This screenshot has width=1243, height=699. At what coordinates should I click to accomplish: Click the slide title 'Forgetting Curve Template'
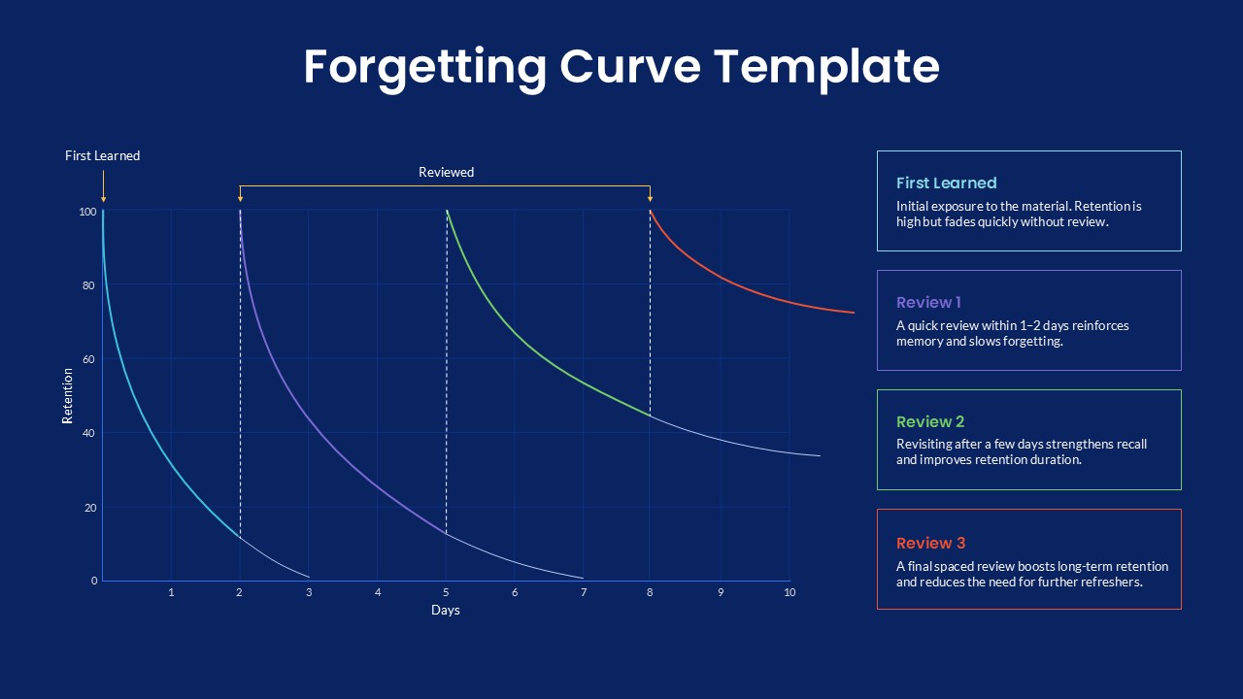coord(621,67)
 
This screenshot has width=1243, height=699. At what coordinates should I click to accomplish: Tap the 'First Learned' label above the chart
coord(102,155)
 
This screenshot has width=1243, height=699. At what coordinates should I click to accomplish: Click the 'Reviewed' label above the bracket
coord(446,172)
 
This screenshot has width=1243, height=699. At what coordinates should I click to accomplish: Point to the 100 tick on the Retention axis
coord(87,212)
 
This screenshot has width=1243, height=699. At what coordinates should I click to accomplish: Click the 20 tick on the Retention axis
coord(90,508)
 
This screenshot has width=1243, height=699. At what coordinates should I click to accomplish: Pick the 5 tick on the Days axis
coord(446,592)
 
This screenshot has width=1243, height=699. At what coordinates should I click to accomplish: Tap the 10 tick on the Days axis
coord(789,592)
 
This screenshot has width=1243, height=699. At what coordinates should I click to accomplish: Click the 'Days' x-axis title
coord(446,611)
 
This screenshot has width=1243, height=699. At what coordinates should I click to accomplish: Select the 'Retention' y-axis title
coord(68,395)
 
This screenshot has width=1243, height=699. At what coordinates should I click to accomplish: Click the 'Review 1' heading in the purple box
coord(928,302)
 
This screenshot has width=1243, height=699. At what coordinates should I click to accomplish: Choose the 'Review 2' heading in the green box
coord(930,421)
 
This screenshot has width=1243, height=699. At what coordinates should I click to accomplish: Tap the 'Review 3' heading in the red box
coord(930,543)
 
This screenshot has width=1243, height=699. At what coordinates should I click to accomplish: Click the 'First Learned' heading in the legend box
coord(946,183)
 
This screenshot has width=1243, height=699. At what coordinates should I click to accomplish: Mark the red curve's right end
coord(853,313)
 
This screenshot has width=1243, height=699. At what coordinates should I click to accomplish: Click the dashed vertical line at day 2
coord(240,388)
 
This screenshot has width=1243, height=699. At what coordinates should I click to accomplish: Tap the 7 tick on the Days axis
coord(584,592)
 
